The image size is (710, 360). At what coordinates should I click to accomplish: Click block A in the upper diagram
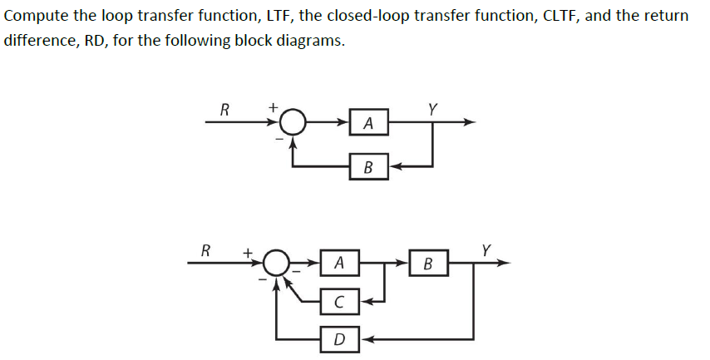tap(368, 123)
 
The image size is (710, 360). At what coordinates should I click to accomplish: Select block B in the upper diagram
tap(368, 166)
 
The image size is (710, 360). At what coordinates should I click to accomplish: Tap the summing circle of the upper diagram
tap(291, 123)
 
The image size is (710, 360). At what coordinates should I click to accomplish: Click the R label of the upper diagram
tap(224, 108)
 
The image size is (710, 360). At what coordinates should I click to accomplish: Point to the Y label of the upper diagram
tap(431, 108)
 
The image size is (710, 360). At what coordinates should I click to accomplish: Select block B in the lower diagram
tap(428, 264)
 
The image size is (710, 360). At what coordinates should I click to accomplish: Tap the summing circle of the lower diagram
tap(276, 264)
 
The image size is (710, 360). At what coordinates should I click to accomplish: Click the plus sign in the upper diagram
tap(272, 107)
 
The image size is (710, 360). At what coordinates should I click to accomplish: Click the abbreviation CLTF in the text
tap(509, 17)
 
